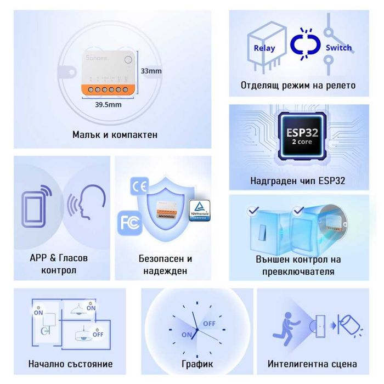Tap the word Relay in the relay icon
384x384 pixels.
tap(264, 48)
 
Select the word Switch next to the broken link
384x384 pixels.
tap(338, 48)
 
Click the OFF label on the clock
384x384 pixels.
tap(209, 324)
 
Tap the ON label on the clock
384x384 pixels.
tap(187, 334)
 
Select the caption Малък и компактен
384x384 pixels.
tap(115, 135)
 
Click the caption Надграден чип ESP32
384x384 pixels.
tap(298, 180)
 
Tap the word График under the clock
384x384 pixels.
tap(196, 364)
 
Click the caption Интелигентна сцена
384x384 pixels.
tap(312, 364)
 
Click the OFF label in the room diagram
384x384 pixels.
tap(98, 334)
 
